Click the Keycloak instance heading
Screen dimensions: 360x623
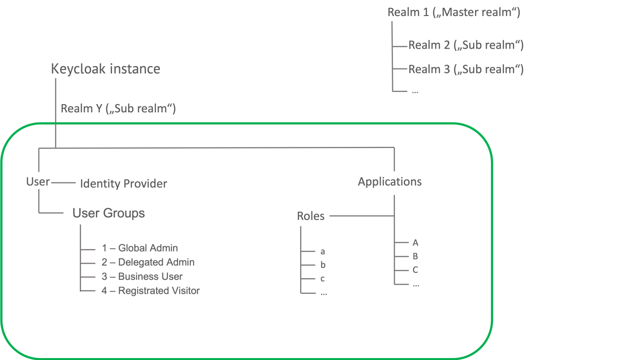pyautogui.click(x=105, y=69)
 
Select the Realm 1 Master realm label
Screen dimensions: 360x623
pyautogui.click(x=454, y=13)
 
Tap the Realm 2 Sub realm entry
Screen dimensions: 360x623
pyautogui.click(x=465, y=45)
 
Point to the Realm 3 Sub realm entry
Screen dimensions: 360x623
pyautogui.click(x=465, y=70)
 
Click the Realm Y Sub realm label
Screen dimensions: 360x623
pyautogui.click(x=118, y=108)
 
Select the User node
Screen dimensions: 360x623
pyautogui.click(x=38, y=182)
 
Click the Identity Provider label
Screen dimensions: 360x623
pyautogui.click(x=124, y=184)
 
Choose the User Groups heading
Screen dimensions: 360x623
pyautogui.click(x=109, y=213)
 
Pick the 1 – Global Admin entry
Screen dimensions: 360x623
pyautogui.click(x=140, y=248)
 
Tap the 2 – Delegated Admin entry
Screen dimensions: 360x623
pyautogui.click(x=148, y=262)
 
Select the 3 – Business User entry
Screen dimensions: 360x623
pyautogui.click(x=142, y=277)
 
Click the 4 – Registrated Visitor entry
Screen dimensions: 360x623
pyautogui.click(x=150, y=291)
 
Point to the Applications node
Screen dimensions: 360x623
pyautogui.click(x=389, y=182)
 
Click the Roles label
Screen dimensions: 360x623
pyautogui.click(x=311, y=216)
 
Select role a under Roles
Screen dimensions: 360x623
pyautogui.click(x=323, y=252)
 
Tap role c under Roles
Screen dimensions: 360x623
pyautogui.click(x=323, y=279)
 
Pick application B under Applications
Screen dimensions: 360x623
pyautogui.click(x=415, y=256)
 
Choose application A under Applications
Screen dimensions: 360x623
pyautogui.click(x=415, y=243)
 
